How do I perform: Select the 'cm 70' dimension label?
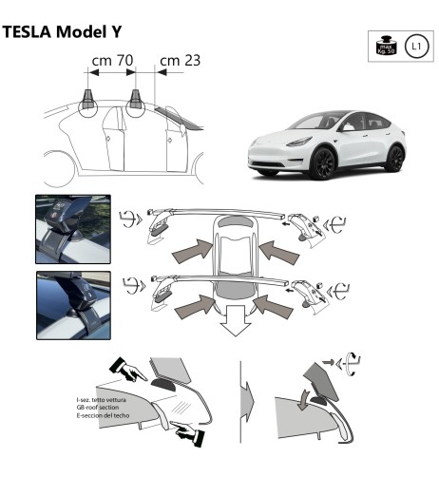[111, 61]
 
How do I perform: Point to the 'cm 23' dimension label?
[179, 61]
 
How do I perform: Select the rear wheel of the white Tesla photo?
[394, 157]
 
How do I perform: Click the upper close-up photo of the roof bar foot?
[71, 228]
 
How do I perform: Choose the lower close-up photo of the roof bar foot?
[71, 305]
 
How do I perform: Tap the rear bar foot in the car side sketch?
[136, 97]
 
